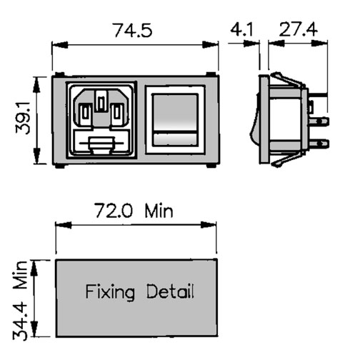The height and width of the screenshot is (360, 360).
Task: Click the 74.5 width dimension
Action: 133,30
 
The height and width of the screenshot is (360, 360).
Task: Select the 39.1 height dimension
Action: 23,117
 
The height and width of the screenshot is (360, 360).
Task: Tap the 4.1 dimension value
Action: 242,29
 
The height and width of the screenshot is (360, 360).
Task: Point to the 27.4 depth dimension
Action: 298,29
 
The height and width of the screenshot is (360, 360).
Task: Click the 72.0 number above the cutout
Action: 114,211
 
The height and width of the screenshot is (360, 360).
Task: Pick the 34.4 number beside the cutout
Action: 20,321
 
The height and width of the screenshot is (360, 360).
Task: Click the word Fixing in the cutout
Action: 110,292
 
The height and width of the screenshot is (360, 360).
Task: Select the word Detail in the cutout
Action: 170,291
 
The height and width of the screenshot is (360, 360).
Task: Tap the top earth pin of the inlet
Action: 101,101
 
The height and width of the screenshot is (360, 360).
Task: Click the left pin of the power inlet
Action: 86,115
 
